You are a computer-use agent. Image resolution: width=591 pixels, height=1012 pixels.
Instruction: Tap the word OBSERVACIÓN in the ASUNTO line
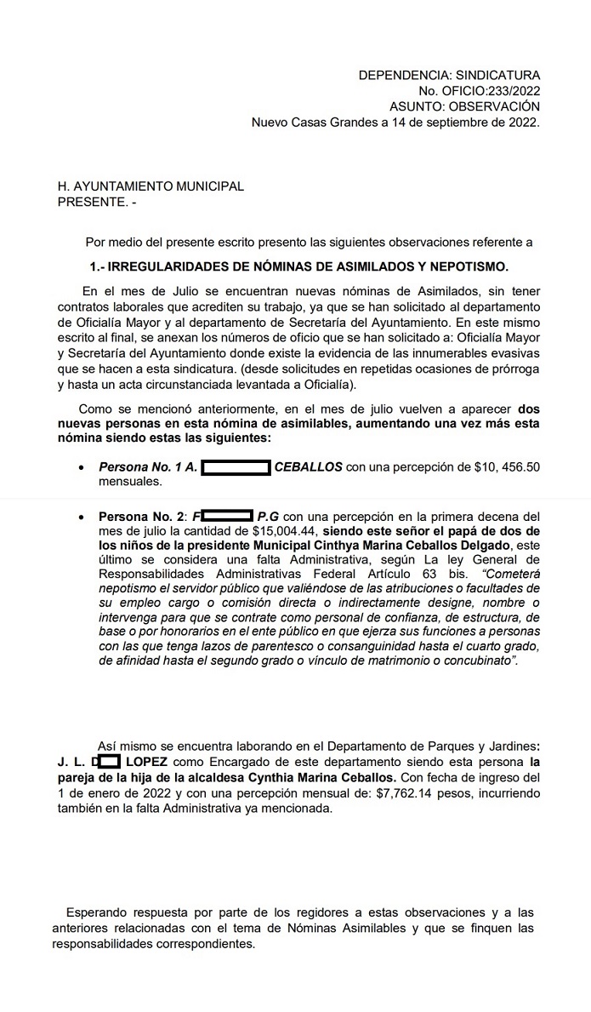[x=498, y=106]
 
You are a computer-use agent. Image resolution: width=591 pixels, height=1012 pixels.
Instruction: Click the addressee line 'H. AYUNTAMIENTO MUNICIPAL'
[x=150, y=186]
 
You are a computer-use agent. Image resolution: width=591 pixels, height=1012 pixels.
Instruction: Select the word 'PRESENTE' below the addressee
[x=89, y=202]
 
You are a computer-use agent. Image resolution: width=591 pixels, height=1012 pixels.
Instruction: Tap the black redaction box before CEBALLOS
[x=236, y=466]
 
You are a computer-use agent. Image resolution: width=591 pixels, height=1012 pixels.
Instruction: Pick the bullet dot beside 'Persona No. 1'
[x=81, y=467]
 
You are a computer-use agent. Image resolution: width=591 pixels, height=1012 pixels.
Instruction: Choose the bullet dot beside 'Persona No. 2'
[x=81, y=517]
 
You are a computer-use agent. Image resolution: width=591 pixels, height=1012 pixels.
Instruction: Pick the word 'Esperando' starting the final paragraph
[x=94, y=912]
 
